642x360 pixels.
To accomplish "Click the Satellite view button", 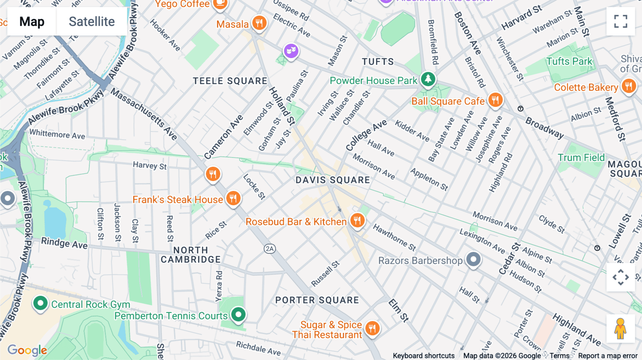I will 92,22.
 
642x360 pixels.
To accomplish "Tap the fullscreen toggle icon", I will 621,21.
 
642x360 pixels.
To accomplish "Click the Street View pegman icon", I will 620,328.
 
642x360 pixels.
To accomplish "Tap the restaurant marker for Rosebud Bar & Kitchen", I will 357,221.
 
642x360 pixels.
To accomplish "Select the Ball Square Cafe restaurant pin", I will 495,100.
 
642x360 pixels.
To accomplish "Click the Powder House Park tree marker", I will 428,79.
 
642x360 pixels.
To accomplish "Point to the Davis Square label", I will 332,180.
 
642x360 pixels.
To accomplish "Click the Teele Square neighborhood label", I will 230,81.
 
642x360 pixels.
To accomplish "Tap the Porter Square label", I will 317,300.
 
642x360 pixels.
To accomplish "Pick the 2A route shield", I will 270,249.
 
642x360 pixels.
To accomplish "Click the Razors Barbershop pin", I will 473,259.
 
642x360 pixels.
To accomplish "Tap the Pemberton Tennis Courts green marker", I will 238,314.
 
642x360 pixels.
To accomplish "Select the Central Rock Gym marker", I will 40,304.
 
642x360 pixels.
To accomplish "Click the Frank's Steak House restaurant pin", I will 233,198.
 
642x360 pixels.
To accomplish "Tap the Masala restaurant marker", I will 259,23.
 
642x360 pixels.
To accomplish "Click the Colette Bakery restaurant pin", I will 628,86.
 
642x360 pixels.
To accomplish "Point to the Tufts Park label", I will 569,61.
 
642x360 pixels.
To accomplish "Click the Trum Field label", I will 581,158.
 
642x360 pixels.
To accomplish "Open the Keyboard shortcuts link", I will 423,356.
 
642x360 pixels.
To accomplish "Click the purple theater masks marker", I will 291,51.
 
